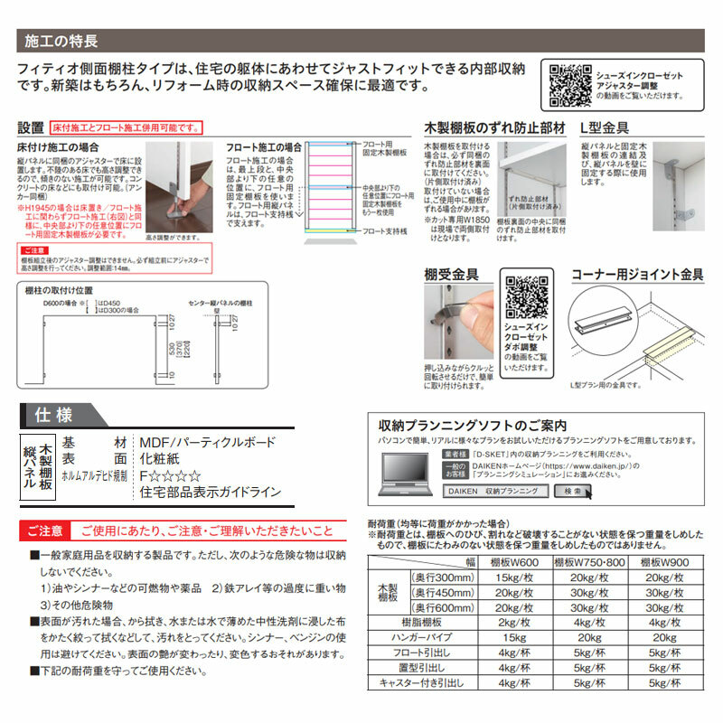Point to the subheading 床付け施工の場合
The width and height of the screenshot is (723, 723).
click(x=56, y=146)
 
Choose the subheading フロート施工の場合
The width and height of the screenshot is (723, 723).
click(x=264, y=146)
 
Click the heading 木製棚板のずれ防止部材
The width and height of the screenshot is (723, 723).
click(x=494, y=128)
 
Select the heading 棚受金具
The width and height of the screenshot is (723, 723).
click(x=451, y=274)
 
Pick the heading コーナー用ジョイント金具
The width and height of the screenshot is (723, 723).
click(x=637, y=274)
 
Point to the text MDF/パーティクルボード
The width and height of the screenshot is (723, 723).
click(x=207, y=442)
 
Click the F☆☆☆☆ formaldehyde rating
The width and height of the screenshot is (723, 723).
click(x=171, y=475)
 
